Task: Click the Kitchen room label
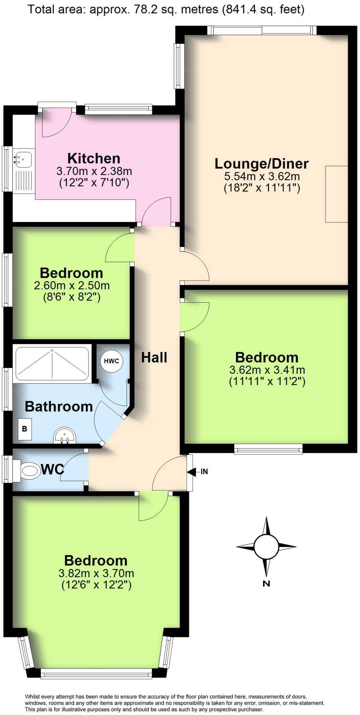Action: (x=94, y=159)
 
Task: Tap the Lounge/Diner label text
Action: (x=262, y=164)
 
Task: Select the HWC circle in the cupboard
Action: (x=111, y=361)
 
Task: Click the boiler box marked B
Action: (x=25, y=429)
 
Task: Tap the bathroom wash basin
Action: (x=65, y=436)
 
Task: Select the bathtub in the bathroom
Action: (x=52, y=363)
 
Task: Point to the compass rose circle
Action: (x=266, y=547)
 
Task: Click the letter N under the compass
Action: (x=266, y=583)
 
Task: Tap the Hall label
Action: (x=154, y=357)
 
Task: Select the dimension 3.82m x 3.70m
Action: (x=96, y=573)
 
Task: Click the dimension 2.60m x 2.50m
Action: (x=72, y=286)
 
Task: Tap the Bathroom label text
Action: (x=59, y=407)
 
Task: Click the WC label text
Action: (x=52, y=470)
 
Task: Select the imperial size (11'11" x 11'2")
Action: (x=267, y=381)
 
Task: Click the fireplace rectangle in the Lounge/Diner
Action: (x=336, y=194)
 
